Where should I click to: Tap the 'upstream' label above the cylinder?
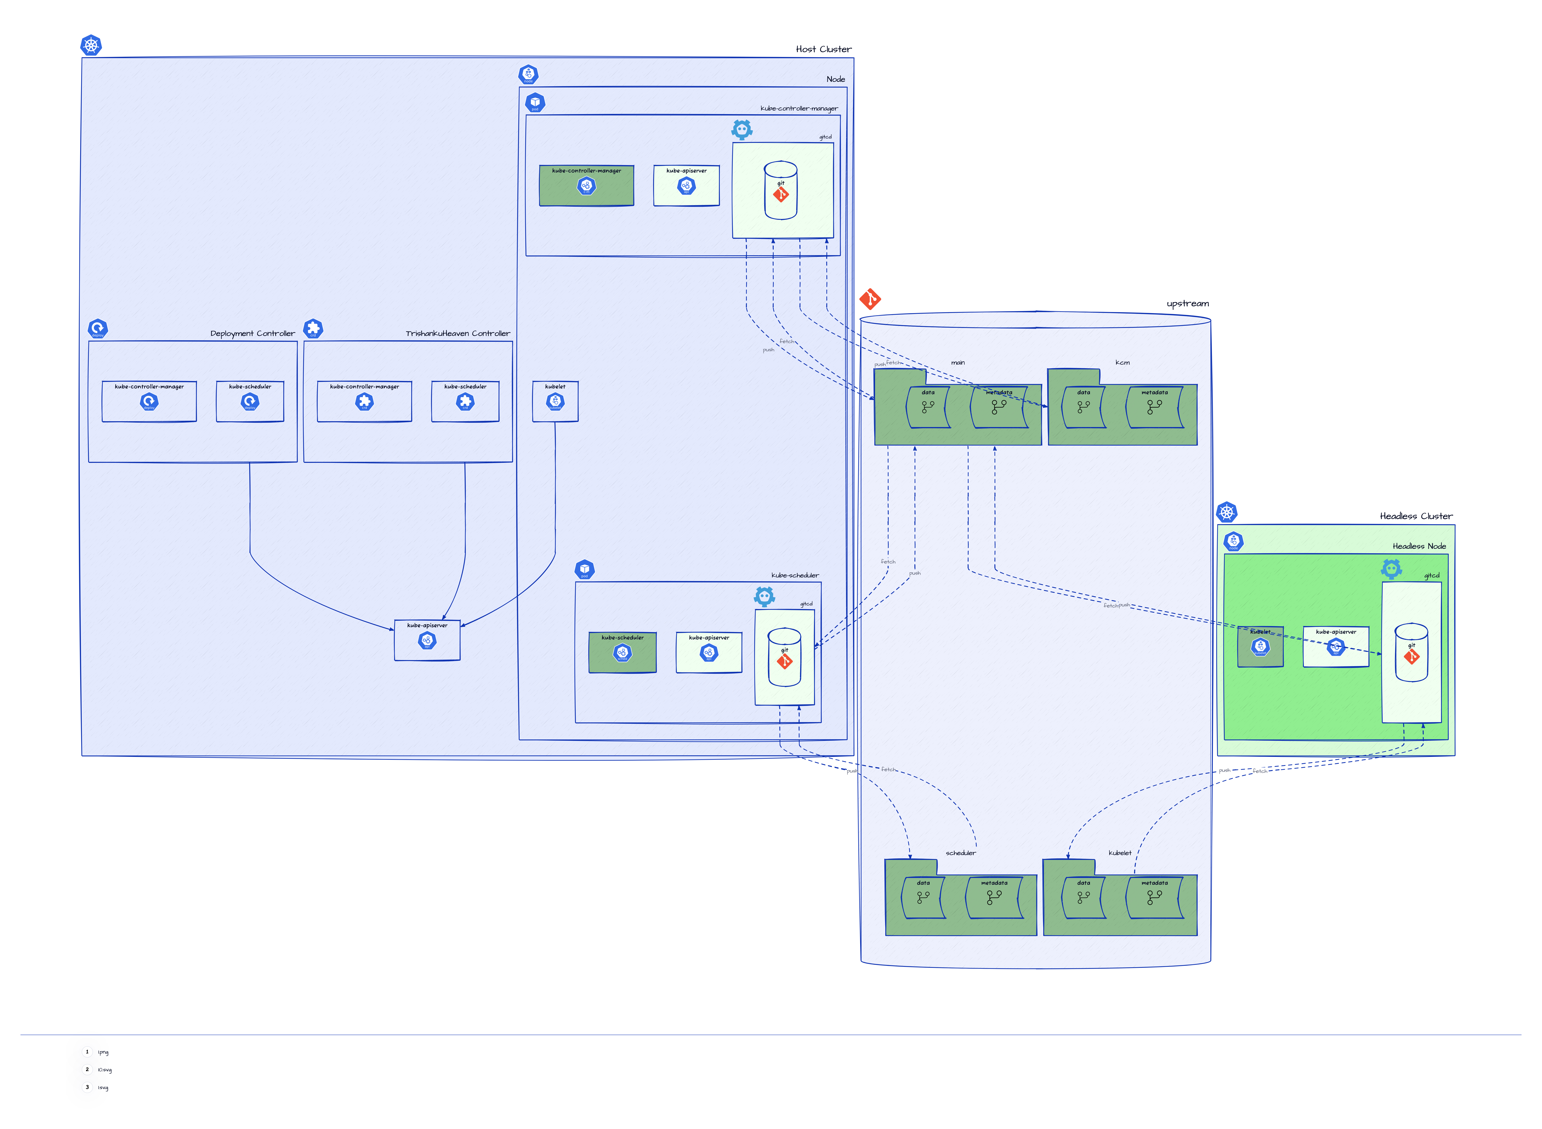1187,303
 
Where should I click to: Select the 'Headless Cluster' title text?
1416,516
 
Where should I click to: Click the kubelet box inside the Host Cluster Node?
555,401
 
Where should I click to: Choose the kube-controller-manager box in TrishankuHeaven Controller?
364,401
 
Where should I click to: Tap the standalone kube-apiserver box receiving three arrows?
427,640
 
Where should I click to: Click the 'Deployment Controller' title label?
252,334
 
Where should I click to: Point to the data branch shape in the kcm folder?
1083,408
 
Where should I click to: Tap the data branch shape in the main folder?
928,408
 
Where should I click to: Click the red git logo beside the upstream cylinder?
869,299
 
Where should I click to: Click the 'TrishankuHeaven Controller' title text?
457,334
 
